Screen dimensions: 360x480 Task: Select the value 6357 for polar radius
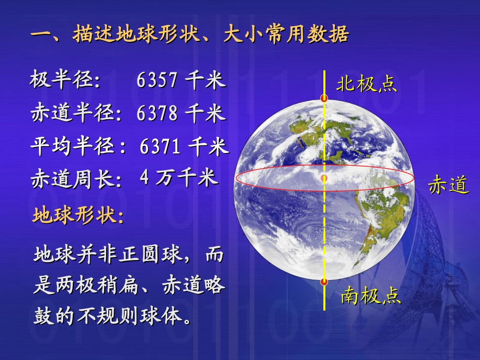pos(157,80)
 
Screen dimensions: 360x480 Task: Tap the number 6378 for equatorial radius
pos(157,113)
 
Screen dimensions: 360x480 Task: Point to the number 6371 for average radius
pos(160,147)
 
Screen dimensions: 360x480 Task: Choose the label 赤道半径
pos(73,113)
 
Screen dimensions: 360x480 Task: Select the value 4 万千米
pos(178,178)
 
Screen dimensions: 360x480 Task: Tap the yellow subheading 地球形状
pos(75,216)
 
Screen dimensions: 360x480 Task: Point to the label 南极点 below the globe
pos(370,295)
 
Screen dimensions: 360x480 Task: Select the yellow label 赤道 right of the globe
pos(448,185)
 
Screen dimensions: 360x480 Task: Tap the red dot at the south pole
pos(324,281)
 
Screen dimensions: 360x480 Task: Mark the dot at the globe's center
pos(324,178)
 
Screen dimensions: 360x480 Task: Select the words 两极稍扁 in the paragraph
pos(96,286)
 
